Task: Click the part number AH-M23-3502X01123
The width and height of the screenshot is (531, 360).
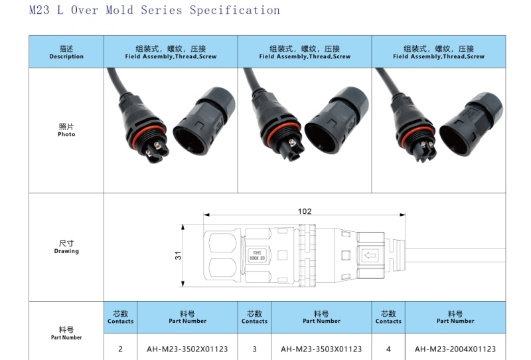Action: pos(187,349)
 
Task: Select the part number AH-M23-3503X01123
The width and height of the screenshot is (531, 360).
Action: pos(321,349)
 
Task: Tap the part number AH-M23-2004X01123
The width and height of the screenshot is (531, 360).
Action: pos(455,349)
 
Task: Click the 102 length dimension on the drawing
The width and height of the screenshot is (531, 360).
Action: pos(305,212)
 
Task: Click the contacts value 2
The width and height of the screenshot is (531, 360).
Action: pos(120,349)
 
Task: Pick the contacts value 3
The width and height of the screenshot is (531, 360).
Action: pos(254,349)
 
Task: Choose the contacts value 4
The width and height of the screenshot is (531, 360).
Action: pos(388,349)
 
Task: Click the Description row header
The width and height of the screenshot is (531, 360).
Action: pos(66,52)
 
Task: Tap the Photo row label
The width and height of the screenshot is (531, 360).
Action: pos(66,130)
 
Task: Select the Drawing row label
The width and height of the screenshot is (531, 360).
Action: pos(66,248)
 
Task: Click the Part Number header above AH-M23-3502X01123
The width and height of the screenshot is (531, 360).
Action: pos(187,317)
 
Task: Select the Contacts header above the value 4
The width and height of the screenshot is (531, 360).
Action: pos(388,317)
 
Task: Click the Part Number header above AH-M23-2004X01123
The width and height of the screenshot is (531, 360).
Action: pos(455,317)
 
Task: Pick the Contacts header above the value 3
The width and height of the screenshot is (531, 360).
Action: pos(254,317)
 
